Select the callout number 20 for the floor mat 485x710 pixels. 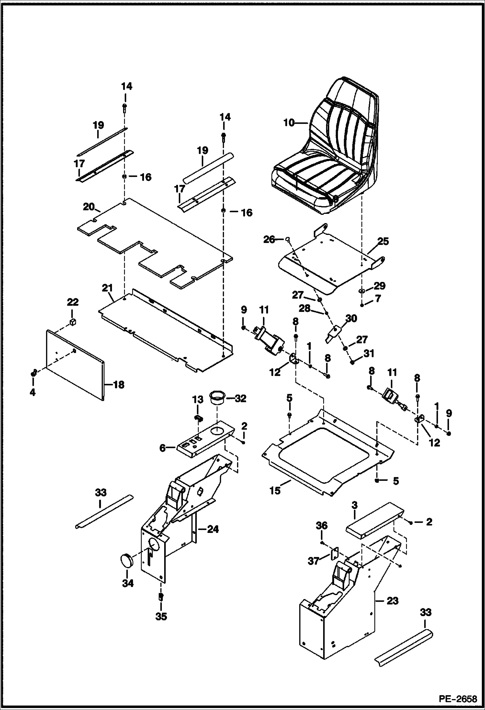[88, 206]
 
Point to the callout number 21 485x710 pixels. [107, 288]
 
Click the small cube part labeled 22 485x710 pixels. [73, 322]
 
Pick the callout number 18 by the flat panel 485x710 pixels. [119, 385]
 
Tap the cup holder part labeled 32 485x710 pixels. [217, 397]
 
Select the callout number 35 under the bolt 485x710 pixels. [161, 616]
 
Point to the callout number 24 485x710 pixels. [213, 529]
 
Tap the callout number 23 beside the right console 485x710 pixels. [392, 601]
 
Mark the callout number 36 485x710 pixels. [321, 526]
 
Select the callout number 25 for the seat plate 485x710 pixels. [383, 241]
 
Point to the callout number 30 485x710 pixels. [351, 318]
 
